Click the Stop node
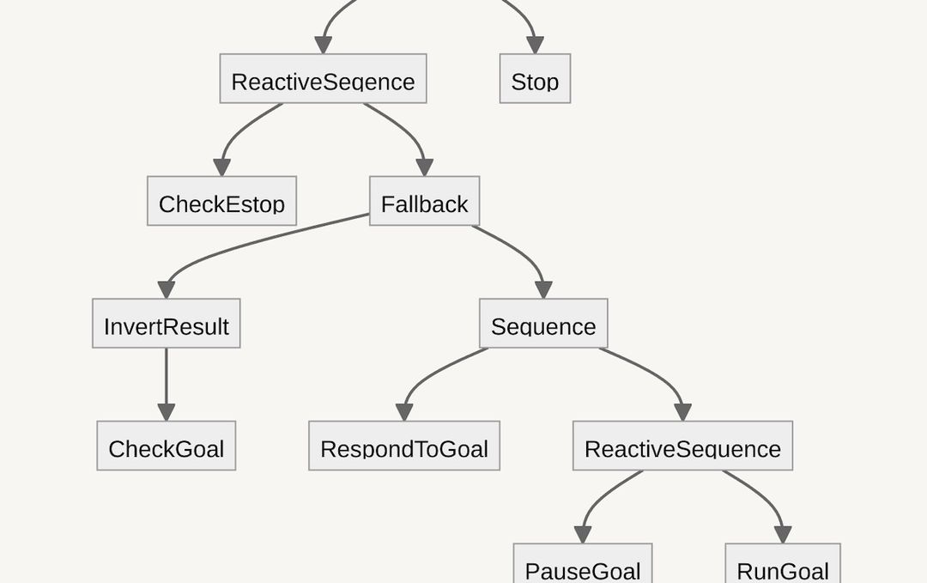(x=535, y=79)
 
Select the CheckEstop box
(x=221, y=202)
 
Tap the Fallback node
(x=424, y=202)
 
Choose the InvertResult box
(x=166, y=324)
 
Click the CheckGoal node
(x=166, y=446)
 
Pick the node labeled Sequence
(x=542, y=324)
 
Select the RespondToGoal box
(x=403, y=446)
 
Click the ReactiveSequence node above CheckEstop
(x=323, y=79)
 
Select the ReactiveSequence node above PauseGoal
(x=682, y=446)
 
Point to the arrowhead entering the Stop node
(x=535, y=45)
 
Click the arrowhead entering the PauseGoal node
(x=583, y=534)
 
